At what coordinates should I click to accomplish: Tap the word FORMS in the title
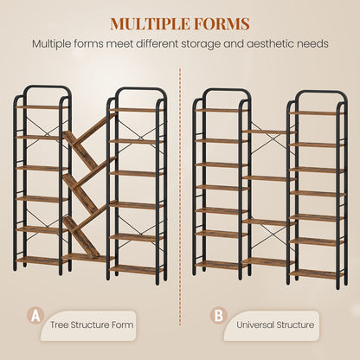tap(220, 23)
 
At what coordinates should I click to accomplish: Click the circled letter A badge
tap(35, 316)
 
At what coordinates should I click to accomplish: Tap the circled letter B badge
tap(219, 316)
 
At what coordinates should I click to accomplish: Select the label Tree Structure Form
tap(92, 325)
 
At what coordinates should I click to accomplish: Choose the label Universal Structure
tap(275, 325)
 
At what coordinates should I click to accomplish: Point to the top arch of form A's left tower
tap(48, 87)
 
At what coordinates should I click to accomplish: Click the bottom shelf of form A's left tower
tap(41, 260)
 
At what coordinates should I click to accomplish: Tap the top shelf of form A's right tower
tap(136, 110)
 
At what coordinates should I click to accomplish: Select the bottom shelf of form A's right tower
tap(136, 270)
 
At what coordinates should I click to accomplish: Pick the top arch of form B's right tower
tap(323, 93)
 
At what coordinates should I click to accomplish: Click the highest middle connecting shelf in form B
tap(269, 132)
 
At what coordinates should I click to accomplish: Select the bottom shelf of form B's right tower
tap(317, 274)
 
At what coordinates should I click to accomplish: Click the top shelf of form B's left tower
tap(221, 110)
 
